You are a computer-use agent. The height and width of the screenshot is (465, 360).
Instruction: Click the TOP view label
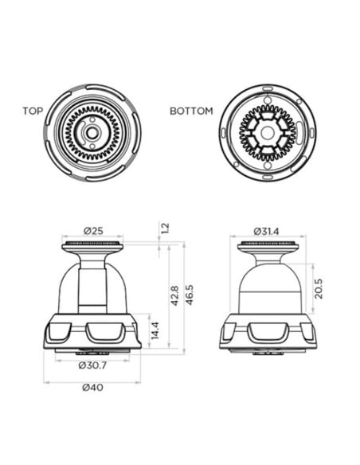pyautogui.click(x=32, y=111)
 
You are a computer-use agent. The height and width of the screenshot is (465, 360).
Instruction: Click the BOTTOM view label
pyautogui.click(x=191, y=111)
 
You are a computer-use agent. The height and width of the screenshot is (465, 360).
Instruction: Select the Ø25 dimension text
pyautogui.click(x=94, y=231)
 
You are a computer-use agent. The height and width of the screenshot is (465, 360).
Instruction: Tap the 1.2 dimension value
pyautogui.click(x=165, y=228)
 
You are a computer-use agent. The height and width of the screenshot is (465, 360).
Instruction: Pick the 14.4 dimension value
pyautogui.click(x=156, y=330)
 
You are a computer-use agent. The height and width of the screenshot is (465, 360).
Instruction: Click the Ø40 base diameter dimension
pyautogui.click(x=94, y=388)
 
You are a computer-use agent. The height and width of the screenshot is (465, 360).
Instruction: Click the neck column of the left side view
pyautogui.click(x=93, y=283)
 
